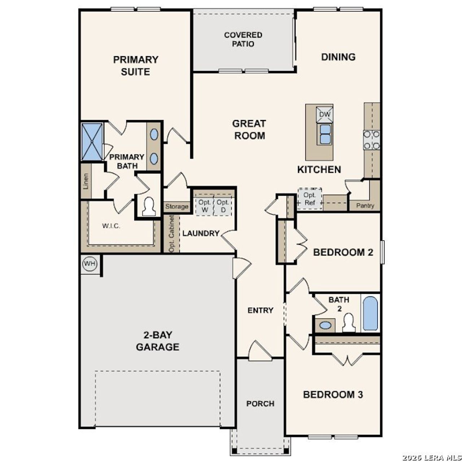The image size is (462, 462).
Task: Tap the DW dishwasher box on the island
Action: (x=325, y=114)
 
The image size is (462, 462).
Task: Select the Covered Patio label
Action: (x=243, y=39)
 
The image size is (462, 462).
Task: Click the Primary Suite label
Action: (x=136, y=65)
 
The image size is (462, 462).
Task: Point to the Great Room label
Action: (x=249, y=129)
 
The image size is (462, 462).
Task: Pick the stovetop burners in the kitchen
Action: (x=371, y=140)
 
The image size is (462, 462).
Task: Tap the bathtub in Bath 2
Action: (x=370, y=313)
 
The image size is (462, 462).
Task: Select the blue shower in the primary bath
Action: (x=92, y=141)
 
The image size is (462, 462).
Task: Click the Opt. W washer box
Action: (x=205, y=206)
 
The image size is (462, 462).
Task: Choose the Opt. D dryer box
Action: (x=223, y=206)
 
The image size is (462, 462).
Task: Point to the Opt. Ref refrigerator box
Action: (x=310, y=199)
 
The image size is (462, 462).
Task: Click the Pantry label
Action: (x=365, y=206)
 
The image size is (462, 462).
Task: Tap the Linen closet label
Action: (x=86, y=182)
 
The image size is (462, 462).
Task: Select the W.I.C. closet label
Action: (x=111, y=226)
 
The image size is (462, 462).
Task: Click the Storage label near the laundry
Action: (x=177, y=206)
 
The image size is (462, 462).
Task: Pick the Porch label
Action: (x=260, y=404)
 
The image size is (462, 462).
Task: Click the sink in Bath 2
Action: (x=326, y=325)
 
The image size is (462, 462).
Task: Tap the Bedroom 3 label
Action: (x=333, y=395)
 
